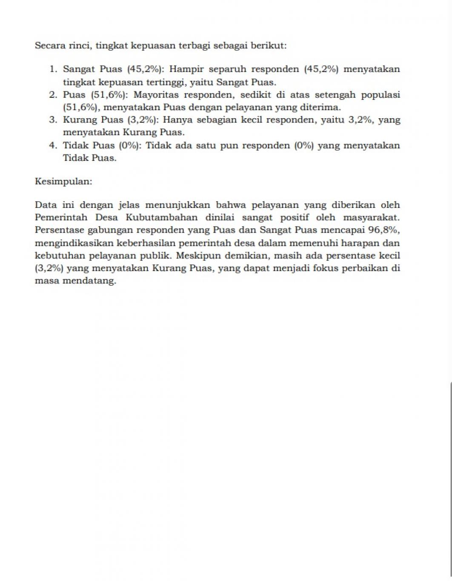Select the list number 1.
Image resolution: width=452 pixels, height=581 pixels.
[x=53, y=69]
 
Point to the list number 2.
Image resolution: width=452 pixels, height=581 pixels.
[x=53, y=95]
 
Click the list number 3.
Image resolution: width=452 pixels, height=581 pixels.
[x=53, y=120]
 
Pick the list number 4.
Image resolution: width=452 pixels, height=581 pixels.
[x=53, y=145]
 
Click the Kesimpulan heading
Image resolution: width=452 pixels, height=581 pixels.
[x=63, y=182]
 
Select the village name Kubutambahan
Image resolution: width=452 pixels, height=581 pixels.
[x=162, y=218]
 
